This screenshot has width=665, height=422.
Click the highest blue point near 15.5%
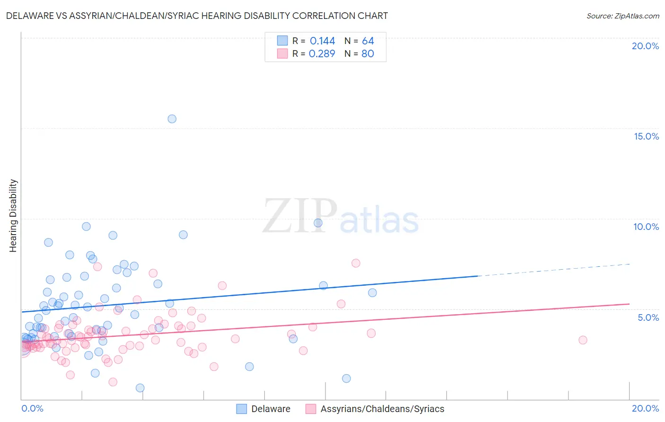tap(172, 119)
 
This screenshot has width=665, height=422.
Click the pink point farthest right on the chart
tap(583, 340)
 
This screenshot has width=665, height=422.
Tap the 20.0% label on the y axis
tap(645, 46)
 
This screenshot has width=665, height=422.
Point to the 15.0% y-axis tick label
tap(646, 136)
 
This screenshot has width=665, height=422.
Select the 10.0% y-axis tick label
tap(646, 227)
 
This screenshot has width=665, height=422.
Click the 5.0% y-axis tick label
tap(648, 317)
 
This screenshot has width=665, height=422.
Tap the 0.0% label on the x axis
tap(32, 408)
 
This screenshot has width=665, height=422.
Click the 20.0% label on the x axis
tap(645, 408)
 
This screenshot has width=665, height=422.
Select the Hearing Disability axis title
tap(13, 216)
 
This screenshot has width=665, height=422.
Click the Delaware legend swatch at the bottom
tap(241, 409)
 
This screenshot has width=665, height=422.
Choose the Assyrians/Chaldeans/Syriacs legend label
tap(382, 409)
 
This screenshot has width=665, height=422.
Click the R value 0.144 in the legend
tap(322, 41)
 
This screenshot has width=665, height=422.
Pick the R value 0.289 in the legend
tap(322, 54)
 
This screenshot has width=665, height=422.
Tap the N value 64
tap(368, 41)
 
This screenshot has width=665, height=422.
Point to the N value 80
tap(367, 54)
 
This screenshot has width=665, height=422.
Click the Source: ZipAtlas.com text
tap(622, 16)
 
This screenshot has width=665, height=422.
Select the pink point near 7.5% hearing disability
tap(356, 263)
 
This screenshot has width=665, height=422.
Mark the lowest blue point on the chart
tap(140, 388)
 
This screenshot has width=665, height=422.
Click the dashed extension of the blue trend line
tap(553, 270)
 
